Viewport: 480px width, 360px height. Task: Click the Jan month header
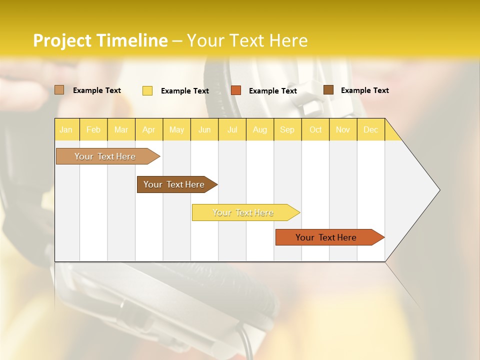66,129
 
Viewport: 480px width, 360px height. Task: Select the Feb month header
93,129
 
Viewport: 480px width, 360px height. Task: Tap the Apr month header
148,129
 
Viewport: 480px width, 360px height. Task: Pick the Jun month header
204,129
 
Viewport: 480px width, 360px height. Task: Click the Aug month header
260,129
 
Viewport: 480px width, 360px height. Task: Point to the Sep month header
287,129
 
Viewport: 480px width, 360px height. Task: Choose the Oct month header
315,129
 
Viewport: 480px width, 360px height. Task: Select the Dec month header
370,129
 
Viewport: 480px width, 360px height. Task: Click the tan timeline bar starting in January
105,156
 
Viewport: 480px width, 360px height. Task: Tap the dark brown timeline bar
174,184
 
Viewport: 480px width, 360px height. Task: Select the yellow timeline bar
243,212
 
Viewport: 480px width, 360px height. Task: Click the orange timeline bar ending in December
326,237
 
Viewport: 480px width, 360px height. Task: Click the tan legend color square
59,90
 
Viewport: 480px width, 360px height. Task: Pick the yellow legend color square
147,90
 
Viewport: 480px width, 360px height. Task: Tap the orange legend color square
236,90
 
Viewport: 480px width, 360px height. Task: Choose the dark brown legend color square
328,90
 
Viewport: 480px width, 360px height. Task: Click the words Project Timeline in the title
100,40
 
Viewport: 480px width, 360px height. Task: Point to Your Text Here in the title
247,40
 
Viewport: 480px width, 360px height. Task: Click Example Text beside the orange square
272,91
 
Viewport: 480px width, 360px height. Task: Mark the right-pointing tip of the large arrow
439,190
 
